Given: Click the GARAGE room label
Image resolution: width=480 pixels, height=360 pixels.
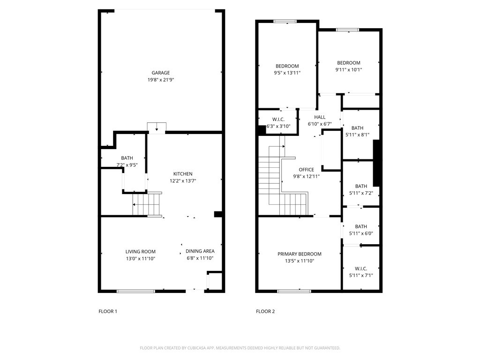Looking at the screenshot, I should [x=160, y=73].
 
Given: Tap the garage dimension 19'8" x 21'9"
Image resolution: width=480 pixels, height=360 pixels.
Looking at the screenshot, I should [x=160, y=80].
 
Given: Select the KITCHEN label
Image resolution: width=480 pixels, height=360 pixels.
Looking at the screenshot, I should [x=183, y=174].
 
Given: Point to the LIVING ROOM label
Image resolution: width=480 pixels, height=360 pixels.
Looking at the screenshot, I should [x=140, y=252].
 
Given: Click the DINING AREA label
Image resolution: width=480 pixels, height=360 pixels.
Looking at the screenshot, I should [x=200, y=251].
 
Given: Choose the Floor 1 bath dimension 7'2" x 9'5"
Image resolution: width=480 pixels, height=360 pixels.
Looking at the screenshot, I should [x=127, y=165].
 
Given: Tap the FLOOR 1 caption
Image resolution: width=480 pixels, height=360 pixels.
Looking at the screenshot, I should [x=108, y=311].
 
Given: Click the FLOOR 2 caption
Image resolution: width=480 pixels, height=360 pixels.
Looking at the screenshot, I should [x=265, y=311].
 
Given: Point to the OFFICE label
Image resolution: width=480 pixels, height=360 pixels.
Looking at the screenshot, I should [x=307, y=170].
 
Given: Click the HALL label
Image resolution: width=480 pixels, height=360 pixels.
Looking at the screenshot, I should [x=320, y=117].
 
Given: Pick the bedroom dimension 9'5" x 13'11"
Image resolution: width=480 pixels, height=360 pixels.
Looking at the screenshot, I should [x=287, y=73].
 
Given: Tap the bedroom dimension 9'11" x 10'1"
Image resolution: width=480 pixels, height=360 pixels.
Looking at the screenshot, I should [x=349, y=70].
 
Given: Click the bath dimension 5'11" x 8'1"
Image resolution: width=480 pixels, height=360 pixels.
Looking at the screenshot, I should [x=357, y=135].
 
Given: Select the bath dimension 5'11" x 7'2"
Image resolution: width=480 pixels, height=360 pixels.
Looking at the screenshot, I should [x=361, y=193].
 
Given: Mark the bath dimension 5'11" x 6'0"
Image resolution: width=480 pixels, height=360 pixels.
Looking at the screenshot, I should [x=361, y=233].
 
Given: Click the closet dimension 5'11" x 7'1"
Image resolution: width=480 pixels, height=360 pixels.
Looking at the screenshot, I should [x=361, y=276].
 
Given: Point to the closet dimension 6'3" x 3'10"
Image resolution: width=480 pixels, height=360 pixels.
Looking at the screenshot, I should [x=278, y=126].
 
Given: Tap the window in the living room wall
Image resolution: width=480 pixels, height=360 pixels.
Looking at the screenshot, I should [x=135, y=291].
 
